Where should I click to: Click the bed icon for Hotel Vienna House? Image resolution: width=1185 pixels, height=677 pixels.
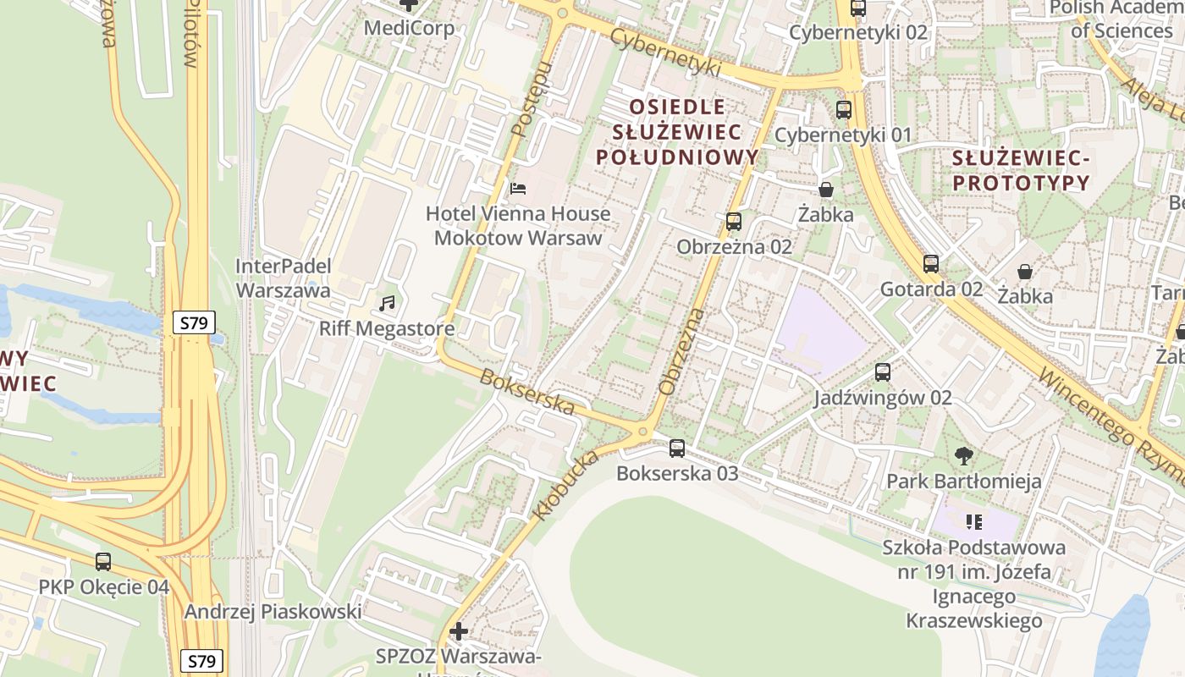coord(518,188)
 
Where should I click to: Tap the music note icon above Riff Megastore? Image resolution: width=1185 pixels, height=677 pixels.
coord(387,303)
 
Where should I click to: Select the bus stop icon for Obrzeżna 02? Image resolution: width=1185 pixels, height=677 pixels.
coord(734,222)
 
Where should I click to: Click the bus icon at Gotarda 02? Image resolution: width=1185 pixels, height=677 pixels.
coord(931,264)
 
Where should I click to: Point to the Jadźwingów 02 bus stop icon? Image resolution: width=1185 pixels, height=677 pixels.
coord(883,372)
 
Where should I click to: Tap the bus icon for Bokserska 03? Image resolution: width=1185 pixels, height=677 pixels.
coord(677,449)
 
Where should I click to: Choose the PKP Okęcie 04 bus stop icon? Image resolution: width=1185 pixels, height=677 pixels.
coord(103,561)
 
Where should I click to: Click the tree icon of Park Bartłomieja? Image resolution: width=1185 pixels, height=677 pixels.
coord(963,456)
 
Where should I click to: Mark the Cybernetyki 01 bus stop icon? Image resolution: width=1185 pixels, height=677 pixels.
coord(843,110)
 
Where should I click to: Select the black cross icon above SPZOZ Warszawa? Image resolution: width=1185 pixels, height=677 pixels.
coord(459,631)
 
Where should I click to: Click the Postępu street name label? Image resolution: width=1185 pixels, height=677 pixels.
coord(532,100)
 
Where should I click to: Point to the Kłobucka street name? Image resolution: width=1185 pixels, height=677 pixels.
coord(565,486)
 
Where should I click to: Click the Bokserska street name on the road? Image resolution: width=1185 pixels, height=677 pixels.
coord(527,392)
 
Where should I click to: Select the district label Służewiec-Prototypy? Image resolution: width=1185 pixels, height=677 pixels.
coord(1020,170)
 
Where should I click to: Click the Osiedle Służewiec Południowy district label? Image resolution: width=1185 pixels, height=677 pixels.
coord(677,132)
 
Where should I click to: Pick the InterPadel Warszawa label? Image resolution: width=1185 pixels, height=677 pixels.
coord(282,278)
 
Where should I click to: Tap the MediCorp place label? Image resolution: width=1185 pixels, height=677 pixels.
coord(409,28)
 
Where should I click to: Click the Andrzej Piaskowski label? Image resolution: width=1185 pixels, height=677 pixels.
coord(273,611)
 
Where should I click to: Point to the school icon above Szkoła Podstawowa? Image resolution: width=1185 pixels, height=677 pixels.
coord(973,521)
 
